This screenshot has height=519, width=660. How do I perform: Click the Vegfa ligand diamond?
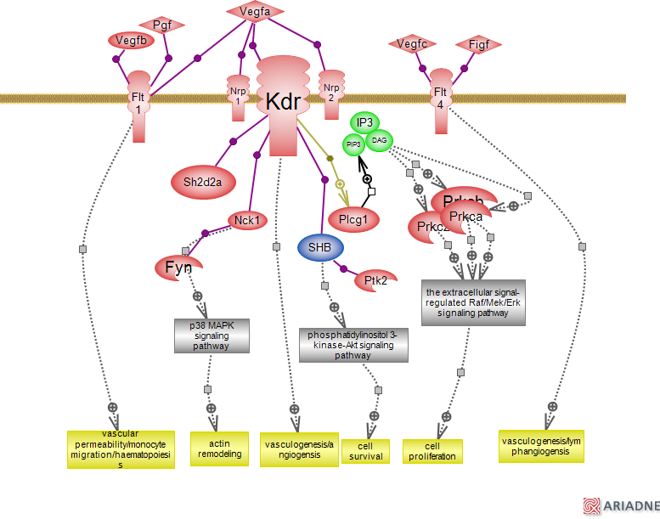click(x=255, y=12)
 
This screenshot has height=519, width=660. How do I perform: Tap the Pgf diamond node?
click(x=162, y=25)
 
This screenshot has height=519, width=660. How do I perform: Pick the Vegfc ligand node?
click(x=411, y=44)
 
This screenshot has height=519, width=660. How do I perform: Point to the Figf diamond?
click(x=478, y=44)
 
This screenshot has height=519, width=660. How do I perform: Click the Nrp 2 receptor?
click(x=331, y=93)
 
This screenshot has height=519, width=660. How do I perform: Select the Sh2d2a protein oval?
click(x=203, y=181)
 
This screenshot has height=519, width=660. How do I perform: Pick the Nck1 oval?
click(x=247, y=221)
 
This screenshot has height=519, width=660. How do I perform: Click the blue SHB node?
click(x=320, y=247)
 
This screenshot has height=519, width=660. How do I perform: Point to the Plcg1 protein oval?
click(x=353, y=218)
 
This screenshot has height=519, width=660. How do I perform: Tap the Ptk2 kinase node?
click(x=375, y=280)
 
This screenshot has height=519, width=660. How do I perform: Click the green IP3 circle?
click(x=365, y=123)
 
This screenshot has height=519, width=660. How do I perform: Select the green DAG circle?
click(x=379, y=140)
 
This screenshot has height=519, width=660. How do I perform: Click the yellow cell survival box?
click(x=365, y=451)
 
